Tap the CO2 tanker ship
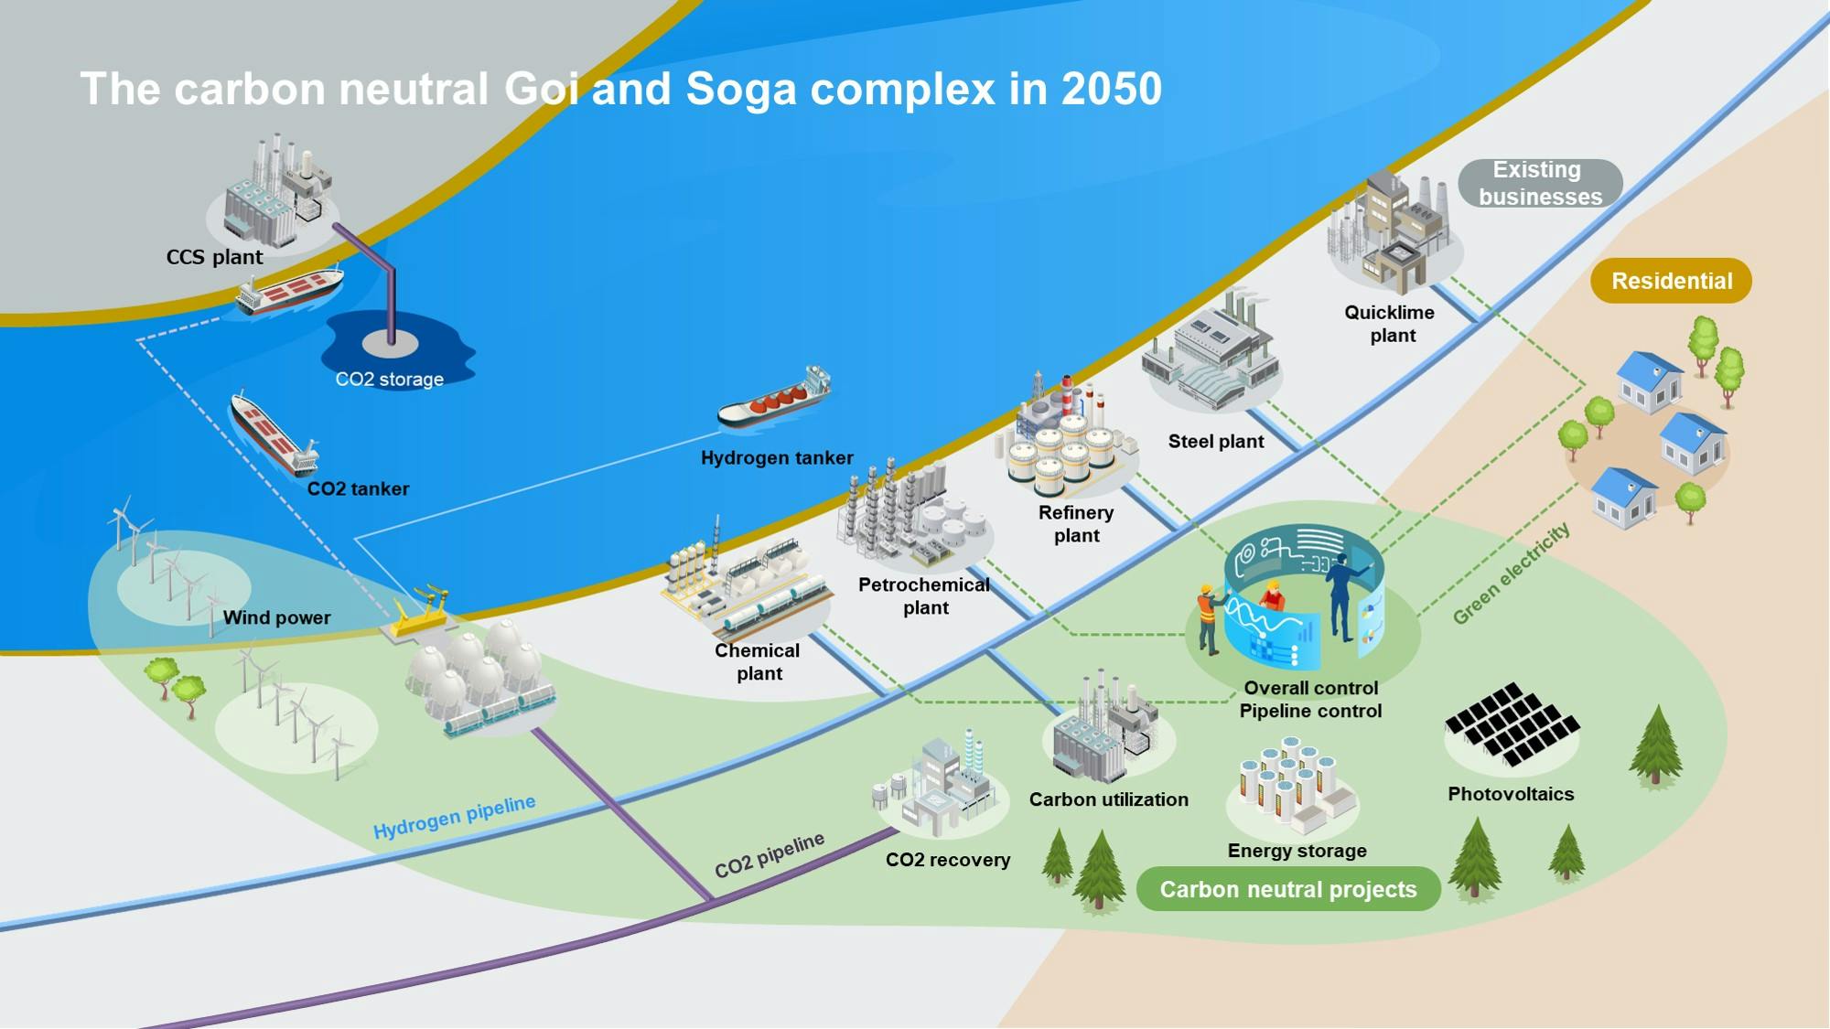(x=274, y=434)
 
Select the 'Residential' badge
(x=1671, y=281)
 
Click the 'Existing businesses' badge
(x=1540, y=183)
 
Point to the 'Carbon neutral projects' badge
(x=1288, y=889)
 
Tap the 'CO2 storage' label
(x=389, y=379)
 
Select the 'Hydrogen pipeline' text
(x=455, y=817)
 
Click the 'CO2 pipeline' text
(x=770, y=855)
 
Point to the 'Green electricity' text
(x=1512, y=573)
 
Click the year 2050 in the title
(x=1112, y=89)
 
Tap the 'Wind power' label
(x=277, y=617)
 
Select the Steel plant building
(x=1210, y=351)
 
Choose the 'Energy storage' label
(x=1297, y=851)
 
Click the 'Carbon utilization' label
(x=1109, y=799)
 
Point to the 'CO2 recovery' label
(x=948, y=860)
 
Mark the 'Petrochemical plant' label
(x=924, y=596)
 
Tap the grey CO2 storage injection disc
(x=391, y=343)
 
